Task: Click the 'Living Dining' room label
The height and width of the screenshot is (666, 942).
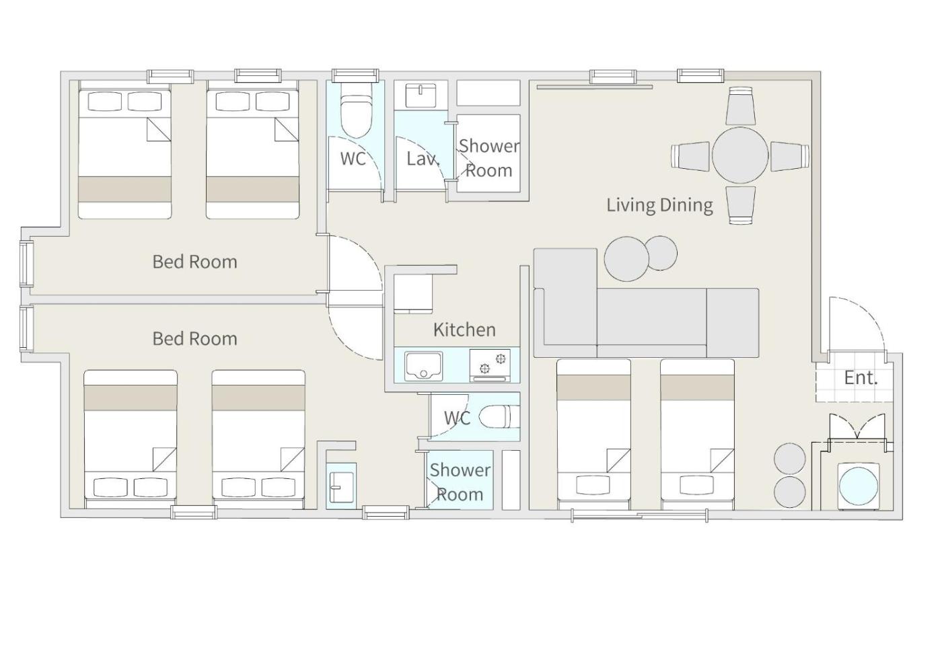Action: click(659, 205)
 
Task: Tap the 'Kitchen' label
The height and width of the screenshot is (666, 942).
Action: click(464, 330)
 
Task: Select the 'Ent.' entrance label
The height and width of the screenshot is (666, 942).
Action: click(861, 377)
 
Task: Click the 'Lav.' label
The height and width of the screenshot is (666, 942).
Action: click(423, 159)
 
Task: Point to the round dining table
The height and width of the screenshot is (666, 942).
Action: click(740, 155)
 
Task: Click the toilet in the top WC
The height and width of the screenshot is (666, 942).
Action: click(356, 114)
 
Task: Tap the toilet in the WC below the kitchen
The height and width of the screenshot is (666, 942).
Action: click(501, 416)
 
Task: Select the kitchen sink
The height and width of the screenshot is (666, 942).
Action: click(423, 366)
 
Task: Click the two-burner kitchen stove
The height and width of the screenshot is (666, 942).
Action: click(490, 365)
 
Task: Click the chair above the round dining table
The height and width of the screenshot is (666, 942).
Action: click(741, 106)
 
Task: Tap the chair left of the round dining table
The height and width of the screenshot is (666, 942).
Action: click(690, 156)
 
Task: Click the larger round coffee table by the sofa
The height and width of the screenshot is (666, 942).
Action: click(626, 258)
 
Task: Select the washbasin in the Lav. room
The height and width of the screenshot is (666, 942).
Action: click(421, 96)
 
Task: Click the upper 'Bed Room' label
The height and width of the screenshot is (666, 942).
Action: click(194, 262)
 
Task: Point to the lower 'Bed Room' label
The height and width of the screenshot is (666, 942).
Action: click(194, 338)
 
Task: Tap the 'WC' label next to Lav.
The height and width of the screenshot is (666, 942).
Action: click(353, 159)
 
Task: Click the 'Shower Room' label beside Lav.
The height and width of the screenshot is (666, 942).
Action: click(489, 159)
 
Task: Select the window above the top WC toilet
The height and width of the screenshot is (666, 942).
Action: click(355, 75)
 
